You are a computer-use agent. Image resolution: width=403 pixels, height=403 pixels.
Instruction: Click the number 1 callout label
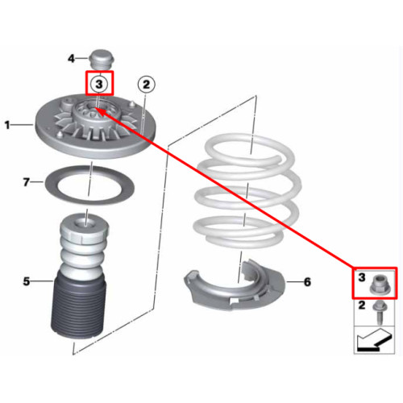click(x=7, y=125)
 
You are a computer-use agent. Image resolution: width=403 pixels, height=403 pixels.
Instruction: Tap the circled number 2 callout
click(x=146, y=85)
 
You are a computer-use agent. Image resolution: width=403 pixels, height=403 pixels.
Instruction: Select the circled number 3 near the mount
click(x=99, y=85)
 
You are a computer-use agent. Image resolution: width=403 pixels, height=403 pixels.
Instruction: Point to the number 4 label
click(x=71, y=58)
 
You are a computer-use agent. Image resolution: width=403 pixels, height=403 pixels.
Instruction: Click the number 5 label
click(x=27, y=281)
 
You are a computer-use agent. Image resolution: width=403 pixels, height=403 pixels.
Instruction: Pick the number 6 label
click(x=307, y=282)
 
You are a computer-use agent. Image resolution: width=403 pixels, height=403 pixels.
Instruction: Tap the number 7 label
click(x=26, y=182)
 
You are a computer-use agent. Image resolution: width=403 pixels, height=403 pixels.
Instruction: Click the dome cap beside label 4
click(x=102, y=60)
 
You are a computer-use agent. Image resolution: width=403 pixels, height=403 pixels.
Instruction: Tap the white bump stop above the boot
click(x=84, y=242)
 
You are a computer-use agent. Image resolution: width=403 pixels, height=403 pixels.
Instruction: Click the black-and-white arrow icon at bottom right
click(x=375, y=339)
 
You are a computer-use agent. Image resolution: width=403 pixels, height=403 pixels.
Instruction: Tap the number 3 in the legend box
click(x=362, y=277)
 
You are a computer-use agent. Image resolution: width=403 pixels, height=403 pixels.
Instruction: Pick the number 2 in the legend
click(x=362, y=305)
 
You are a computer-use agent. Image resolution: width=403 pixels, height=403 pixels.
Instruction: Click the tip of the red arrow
click(x=94, y=107)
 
